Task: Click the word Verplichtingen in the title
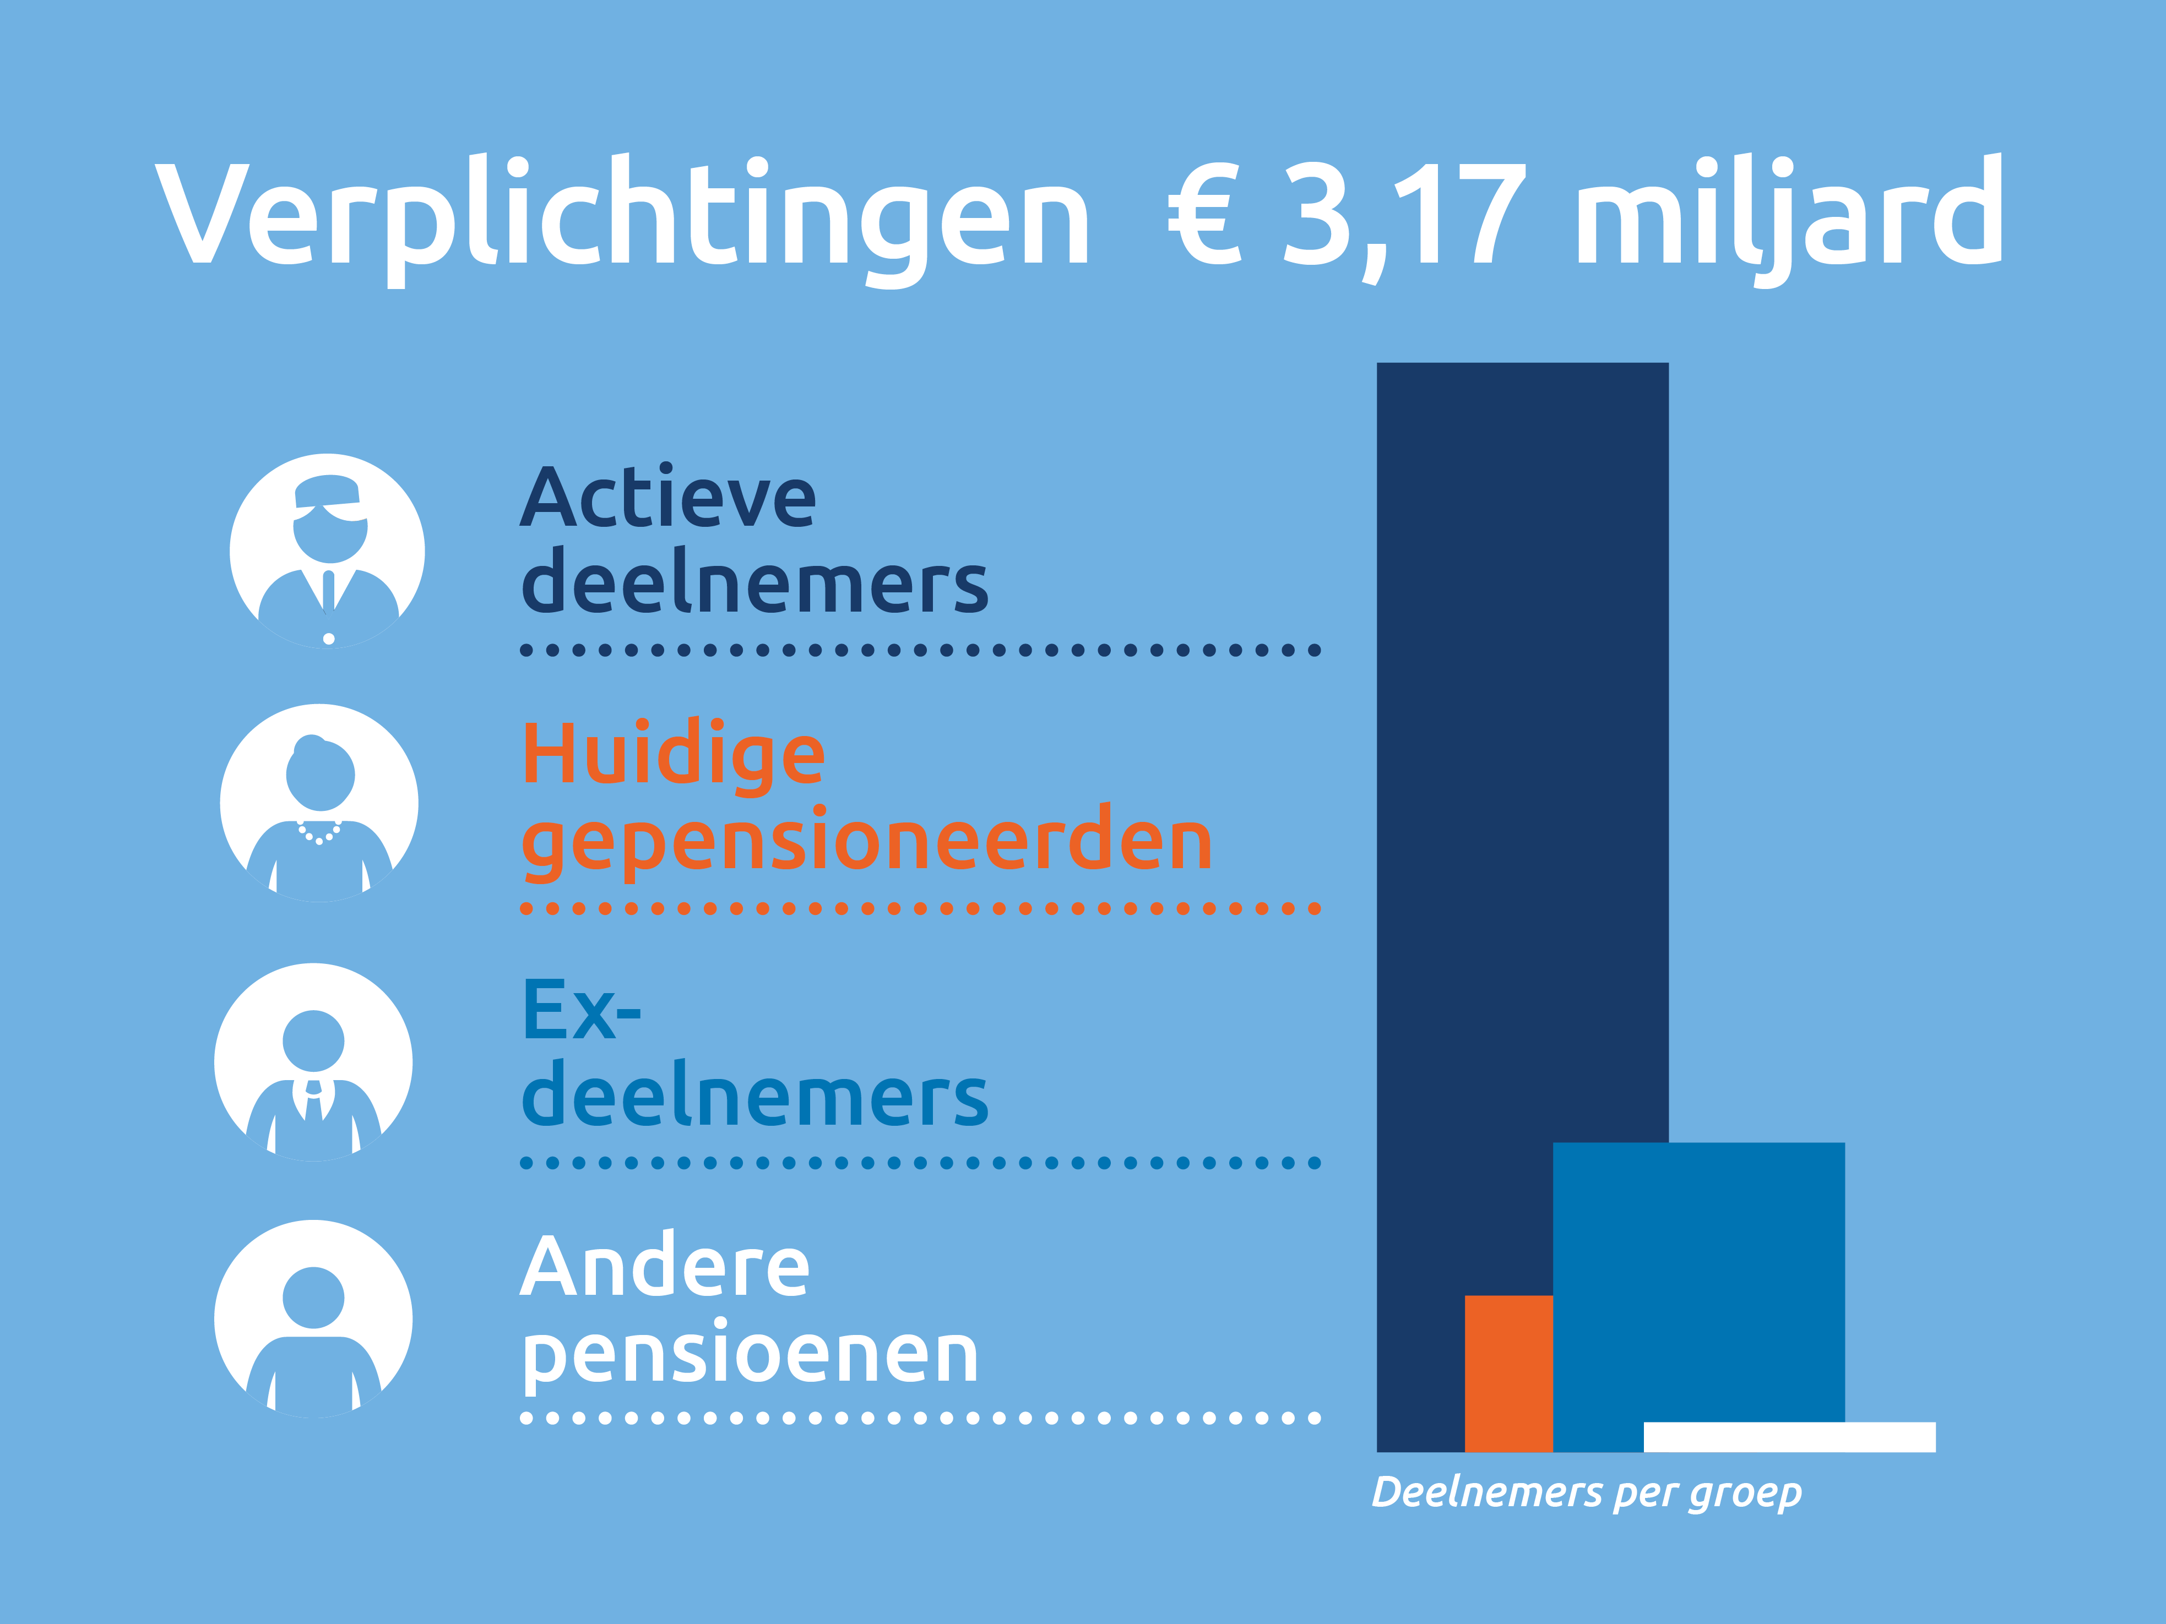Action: tap(622, 215)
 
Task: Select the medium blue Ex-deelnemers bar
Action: tap(1699, 1282)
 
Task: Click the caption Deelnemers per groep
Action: tap(1586, 1493)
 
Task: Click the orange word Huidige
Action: tap(674, 756)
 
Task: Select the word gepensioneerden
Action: tap(867, 842)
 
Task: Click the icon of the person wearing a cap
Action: tap(327, 550)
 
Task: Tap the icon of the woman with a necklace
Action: tap(319, 803)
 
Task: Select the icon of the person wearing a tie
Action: tap(313, 1062)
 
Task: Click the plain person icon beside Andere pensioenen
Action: tap(313, 1318)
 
